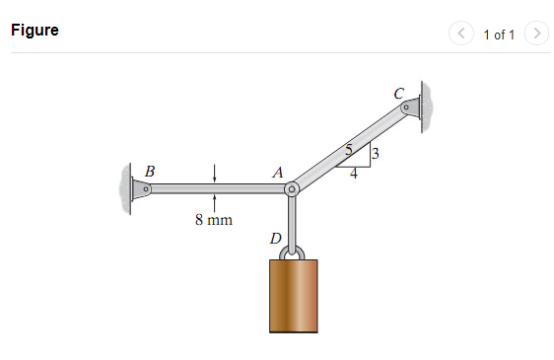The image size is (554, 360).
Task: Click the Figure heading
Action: [35, 31]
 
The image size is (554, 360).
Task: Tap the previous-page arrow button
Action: [460, 34]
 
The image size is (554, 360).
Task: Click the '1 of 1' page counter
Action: [498, 35]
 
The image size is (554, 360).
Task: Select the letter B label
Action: [149, 171]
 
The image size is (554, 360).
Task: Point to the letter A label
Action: [278, 172]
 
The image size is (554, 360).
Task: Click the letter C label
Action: [398, 93]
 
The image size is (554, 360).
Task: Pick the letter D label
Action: [275, 239]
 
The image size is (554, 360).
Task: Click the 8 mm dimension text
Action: [214, 220]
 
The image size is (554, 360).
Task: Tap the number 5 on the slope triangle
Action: [348, 151]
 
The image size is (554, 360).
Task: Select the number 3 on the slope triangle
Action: [376, 153]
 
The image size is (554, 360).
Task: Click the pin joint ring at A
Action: [292, 188]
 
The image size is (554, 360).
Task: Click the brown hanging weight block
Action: [294, 295]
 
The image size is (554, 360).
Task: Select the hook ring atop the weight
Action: [292, 252]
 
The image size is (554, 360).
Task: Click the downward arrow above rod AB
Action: [214, 174]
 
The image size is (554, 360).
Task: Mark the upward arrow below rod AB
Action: [214, 202]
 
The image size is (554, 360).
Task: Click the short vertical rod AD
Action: [292, 219]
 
